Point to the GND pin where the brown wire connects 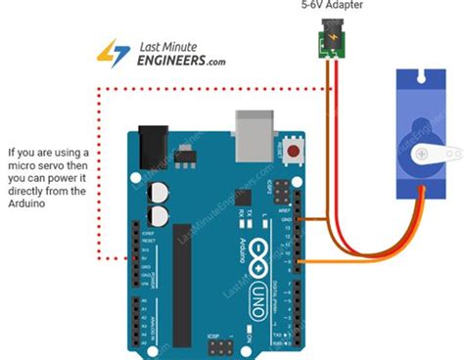pyautogui.click(x=291, y=220)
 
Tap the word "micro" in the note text pyautogui.click(x=23, y=165)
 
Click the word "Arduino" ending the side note pyautogui.click(x=28, y=203)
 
